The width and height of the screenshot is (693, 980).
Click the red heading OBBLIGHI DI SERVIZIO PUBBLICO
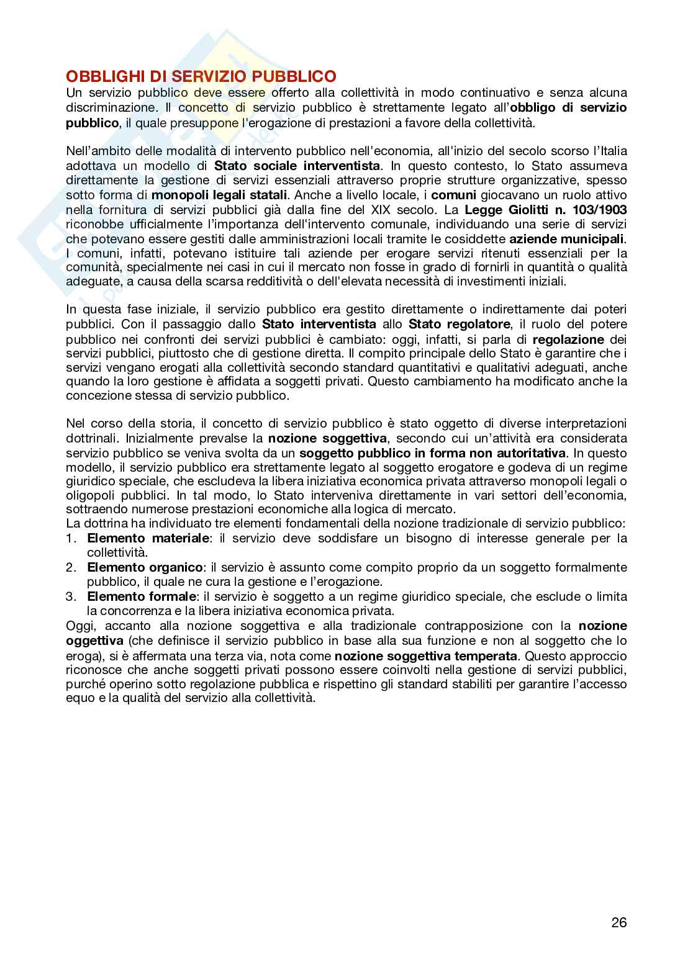tap(201, 77)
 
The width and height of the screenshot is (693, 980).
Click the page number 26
tap(618, 922)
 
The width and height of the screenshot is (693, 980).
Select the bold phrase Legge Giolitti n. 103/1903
tap(546, 209)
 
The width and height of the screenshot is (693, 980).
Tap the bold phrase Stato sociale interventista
tap(297, 166)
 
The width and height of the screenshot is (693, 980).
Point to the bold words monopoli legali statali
tap(220, 195)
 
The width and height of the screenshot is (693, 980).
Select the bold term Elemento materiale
tap(148, 538)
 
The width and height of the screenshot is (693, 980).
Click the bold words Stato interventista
tap(319, 324)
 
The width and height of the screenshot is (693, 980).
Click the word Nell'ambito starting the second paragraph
tap(98, 151)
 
